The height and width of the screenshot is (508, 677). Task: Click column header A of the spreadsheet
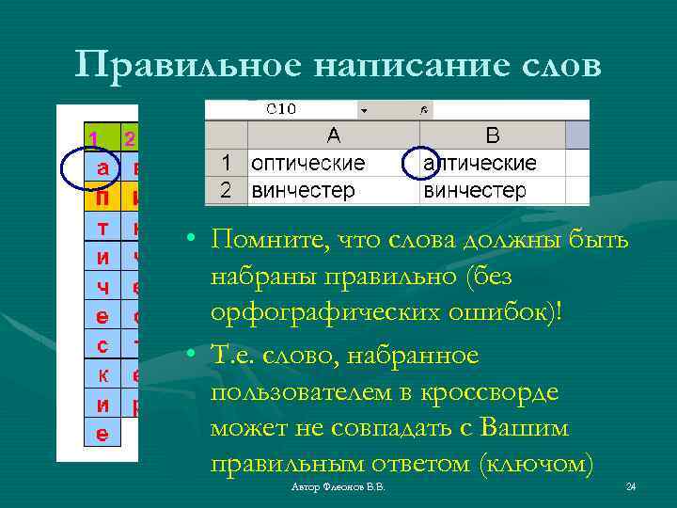[333, 135]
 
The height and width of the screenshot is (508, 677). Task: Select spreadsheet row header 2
[226, 191]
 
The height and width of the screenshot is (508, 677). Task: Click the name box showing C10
[281, 109]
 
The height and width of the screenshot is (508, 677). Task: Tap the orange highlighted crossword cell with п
[102, 199]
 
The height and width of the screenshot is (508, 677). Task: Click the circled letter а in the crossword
[102, 169]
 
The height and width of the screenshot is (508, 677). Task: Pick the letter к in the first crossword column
[102, 375]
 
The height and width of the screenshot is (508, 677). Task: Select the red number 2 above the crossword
[130, 139]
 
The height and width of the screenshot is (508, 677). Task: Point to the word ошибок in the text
[512, 312]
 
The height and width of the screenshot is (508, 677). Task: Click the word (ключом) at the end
[536, 464]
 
